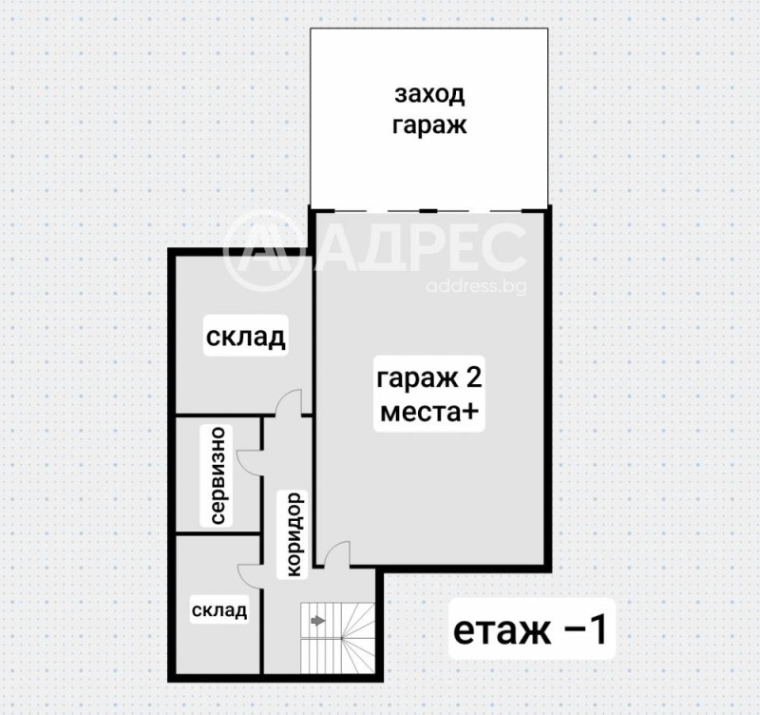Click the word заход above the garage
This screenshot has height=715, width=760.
coord(429,95)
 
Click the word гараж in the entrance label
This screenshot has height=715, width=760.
coord(429,127)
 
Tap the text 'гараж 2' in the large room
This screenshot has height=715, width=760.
coord(429,378)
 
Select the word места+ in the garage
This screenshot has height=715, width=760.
coord(429,415)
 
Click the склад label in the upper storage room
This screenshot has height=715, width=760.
coord(246,338)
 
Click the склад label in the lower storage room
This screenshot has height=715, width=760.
coord(218,609)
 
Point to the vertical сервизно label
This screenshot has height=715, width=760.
coord(218,475)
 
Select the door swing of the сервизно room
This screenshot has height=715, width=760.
coord(249,459)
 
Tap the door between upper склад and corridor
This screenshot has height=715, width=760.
coord(288,403)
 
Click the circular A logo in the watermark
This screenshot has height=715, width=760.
coord(264,250)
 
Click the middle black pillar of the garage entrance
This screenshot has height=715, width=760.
coord(429,209)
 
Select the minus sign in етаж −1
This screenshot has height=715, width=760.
coord(567,630)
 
